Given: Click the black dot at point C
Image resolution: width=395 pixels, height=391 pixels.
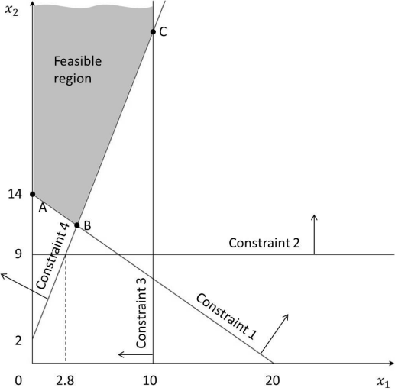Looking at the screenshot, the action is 153,32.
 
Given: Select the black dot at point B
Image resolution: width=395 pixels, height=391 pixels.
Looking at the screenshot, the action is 77,225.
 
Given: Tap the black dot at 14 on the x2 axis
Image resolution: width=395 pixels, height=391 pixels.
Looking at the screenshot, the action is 33,194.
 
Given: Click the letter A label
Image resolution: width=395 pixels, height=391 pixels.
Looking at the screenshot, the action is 43,208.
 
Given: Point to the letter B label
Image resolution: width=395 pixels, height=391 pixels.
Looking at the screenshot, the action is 87,225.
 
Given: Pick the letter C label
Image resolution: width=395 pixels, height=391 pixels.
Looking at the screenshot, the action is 163,32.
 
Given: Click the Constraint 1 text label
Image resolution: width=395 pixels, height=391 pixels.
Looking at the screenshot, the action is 226,316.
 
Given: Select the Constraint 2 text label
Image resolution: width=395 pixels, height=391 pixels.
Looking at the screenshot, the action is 264,243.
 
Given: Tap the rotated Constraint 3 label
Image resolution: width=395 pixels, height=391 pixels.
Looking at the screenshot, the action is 141,313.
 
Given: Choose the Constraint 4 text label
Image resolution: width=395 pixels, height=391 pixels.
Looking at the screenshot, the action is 52,256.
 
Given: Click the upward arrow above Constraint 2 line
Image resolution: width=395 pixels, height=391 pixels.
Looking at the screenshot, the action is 314,234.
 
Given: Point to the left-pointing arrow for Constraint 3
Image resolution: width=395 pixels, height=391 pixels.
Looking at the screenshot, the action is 136,354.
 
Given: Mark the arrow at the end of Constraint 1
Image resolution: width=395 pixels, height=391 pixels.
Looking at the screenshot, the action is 274,334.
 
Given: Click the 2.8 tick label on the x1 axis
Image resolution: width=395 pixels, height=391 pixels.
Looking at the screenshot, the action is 65,381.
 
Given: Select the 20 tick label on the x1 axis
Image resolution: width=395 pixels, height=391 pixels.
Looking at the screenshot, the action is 273,381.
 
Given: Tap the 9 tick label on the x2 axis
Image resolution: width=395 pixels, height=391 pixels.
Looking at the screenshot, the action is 18,254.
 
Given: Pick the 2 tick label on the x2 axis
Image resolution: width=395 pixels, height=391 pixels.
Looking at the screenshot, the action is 18,341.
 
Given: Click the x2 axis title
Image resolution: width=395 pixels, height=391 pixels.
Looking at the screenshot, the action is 11,11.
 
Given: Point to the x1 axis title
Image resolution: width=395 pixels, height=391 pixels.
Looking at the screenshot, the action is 384,382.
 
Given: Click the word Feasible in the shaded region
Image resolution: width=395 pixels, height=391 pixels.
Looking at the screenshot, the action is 78,61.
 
